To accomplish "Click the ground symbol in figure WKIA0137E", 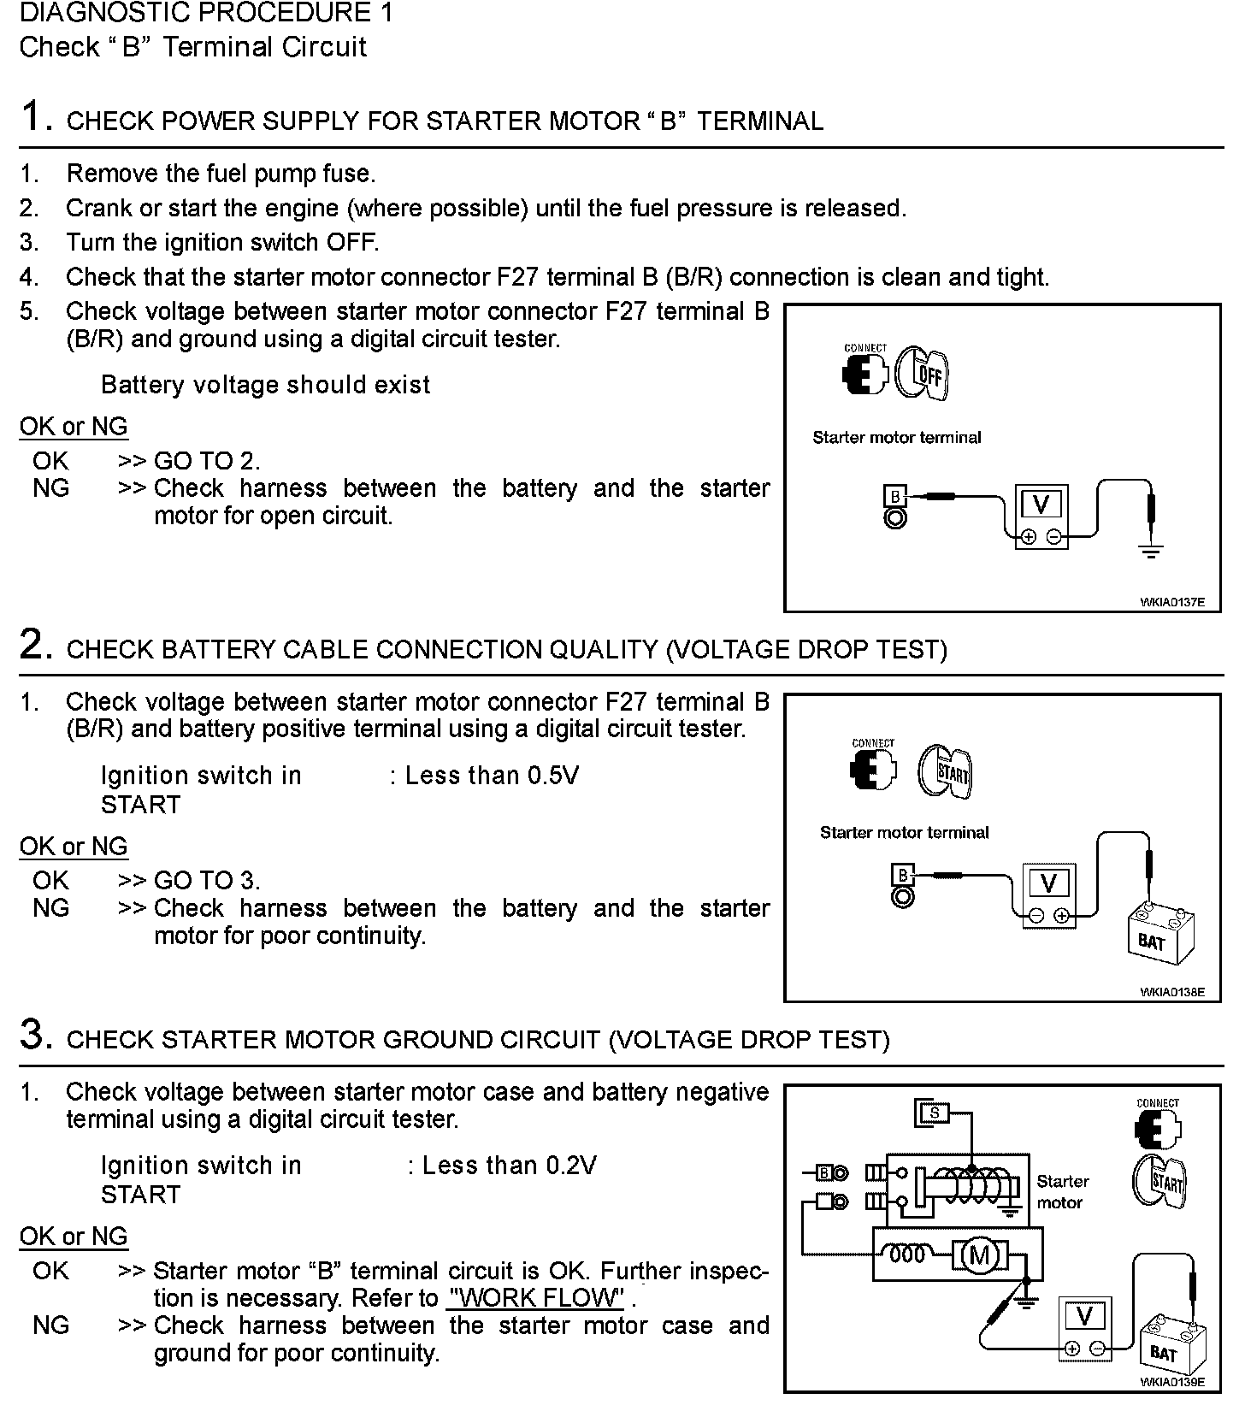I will [1152, 551].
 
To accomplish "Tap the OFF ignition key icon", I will [923, 374].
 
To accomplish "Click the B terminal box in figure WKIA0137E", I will [894, 497].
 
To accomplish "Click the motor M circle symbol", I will [980, 1255].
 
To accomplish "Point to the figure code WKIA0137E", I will [1172, 602].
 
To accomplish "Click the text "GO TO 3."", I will [207, 881].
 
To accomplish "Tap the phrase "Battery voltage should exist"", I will [265, 385].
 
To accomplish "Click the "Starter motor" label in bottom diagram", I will [1062, 1192].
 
